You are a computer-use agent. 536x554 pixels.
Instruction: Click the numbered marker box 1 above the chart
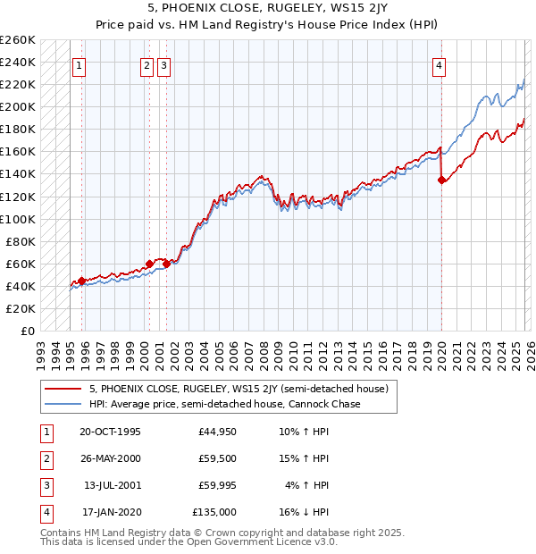pos(80,64)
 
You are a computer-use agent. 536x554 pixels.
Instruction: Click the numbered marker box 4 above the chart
pos(440,64)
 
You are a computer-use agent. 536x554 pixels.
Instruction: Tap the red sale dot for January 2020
pos(441,180)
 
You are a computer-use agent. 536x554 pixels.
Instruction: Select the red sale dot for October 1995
pos(81,281)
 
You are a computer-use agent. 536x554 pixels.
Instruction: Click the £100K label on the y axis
pos(18,219)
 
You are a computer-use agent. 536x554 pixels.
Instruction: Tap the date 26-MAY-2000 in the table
pos(110,459)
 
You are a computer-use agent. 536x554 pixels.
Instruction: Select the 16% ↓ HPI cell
pos(305,513)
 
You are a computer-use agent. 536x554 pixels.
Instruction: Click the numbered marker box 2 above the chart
pos(147,64)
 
